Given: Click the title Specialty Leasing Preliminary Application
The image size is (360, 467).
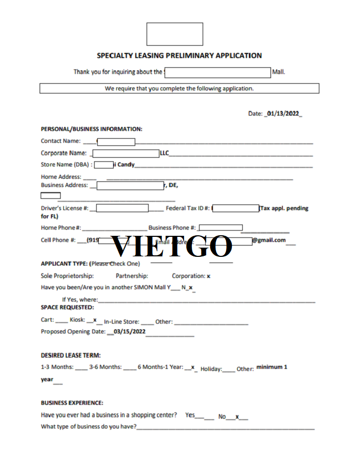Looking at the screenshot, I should point(179,55).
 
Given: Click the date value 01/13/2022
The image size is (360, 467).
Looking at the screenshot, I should point(282,114).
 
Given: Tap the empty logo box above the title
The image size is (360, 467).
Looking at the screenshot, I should point(175,34).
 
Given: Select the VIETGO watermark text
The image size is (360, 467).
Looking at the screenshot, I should point(172,247).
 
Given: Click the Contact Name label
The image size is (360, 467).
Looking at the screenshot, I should point(61,141).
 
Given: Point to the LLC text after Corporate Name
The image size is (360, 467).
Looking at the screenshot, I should point(165,153).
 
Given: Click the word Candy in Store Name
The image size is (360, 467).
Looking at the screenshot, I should point(126,165).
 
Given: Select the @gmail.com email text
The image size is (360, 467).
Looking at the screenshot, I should point(268,240).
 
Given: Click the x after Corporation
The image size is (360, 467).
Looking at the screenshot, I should point(208,276).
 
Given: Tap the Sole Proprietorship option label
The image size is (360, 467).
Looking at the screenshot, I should point(67,276).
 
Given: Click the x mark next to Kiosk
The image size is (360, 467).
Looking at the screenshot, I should point(95,320).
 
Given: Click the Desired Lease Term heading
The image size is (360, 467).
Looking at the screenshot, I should point(70,355).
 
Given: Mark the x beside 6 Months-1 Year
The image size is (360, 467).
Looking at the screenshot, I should point(192,367).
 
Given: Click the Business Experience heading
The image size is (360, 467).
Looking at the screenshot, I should point(72,403).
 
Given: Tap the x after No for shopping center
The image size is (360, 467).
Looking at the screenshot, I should point(237,416).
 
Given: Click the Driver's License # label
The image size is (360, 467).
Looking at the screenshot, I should point(65,209).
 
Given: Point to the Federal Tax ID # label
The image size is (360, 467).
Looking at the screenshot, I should point(188,209).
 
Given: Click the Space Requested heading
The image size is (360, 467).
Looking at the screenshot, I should point(67,307).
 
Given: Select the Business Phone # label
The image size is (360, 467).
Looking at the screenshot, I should point(172,228).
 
